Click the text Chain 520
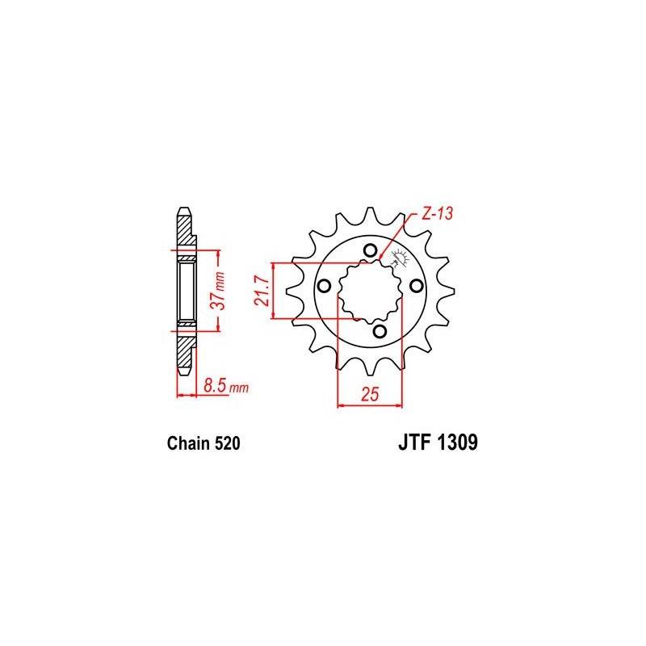coord(202,443)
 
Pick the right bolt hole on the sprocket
coord(416,286)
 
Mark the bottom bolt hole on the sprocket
coord(380,331)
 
